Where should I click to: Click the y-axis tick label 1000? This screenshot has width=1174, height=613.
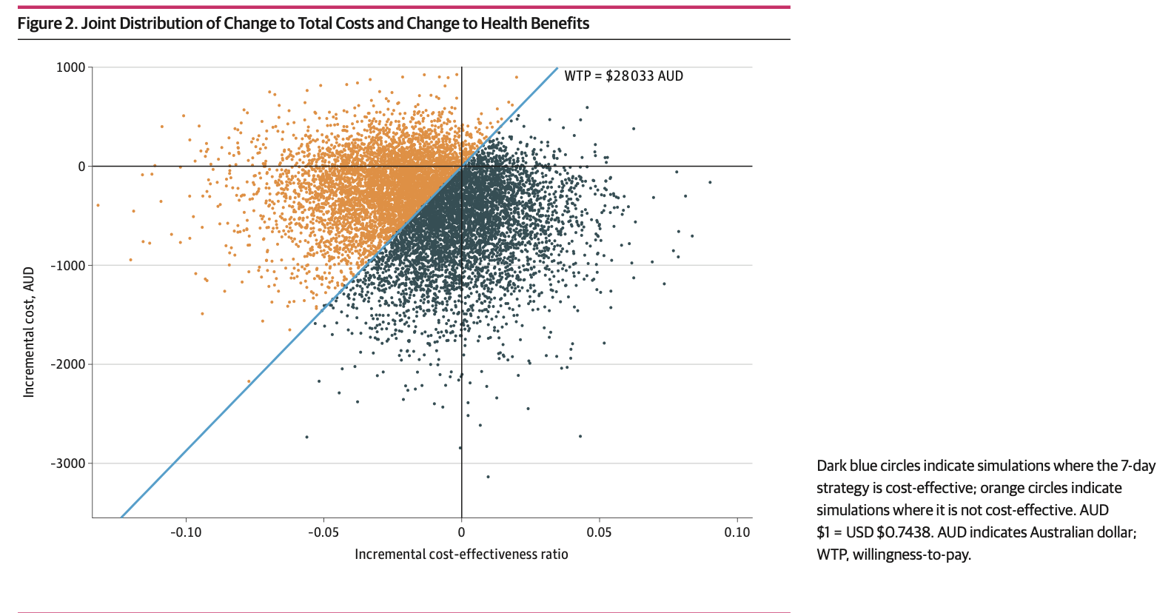pos(71,67)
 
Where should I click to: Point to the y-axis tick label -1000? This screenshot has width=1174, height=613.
pos(68,266)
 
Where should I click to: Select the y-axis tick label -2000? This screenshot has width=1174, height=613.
pos(68,364)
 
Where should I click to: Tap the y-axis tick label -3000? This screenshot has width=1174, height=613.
pos(68,463)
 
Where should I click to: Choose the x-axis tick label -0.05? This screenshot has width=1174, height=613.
pos(323,532)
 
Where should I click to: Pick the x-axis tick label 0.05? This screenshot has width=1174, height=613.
pos(600,532)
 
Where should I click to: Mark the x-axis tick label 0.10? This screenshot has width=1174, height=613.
pos(737,532)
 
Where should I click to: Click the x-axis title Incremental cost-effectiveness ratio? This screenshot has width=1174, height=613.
pos(461,555)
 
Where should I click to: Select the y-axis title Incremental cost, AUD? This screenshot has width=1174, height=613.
pos(29,332)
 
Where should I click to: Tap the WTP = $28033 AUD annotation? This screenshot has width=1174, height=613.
pos(623,76)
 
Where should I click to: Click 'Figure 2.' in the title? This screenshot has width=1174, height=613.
pos(47,24)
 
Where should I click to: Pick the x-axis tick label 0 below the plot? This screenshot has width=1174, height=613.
pos(461,532)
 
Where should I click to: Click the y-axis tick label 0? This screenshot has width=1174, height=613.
pos(82,167)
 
